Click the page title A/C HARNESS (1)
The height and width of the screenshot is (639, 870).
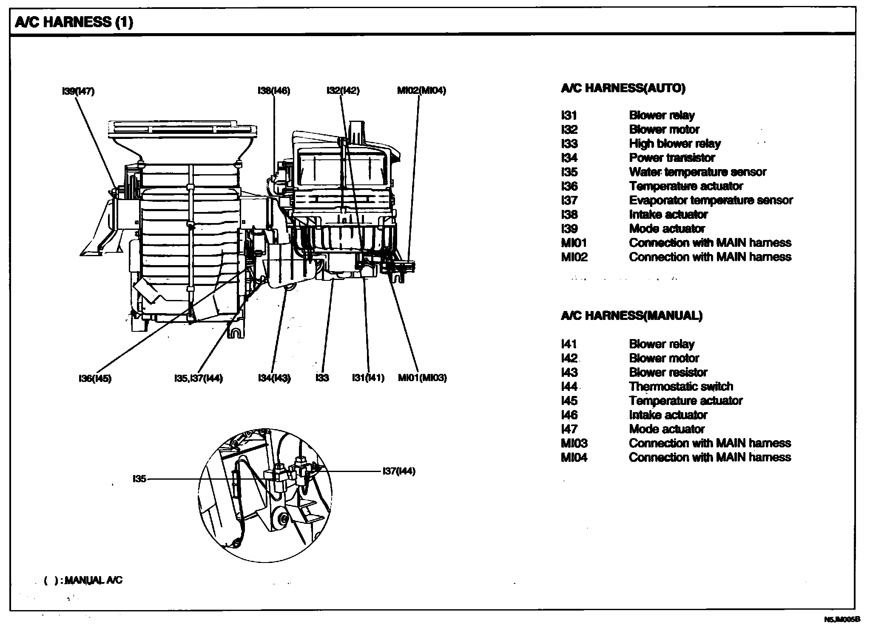(74, 22)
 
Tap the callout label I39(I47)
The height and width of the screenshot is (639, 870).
(78, 91)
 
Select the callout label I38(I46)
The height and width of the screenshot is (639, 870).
(274, 90)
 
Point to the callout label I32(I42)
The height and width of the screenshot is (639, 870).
(343, 90)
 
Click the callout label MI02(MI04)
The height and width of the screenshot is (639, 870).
(421, 90)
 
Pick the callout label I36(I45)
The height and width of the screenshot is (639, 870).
(95, 378)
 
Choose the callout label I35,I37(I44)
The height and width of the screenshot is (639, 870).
(199, 378)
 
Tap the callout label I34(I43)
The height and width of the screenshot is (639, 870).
(274, 378)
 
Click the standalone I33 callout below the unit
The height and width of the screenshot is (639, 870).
(322, 378)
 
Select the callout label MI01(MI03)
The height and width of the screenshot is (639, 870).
(422, 378)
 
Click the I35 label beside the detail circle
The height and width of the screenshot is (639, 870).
(139, 479)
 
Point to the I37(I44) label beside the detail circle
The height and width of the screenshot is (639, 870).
(399, 471)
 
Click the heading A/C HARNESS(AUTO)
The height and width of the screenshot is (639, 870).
(623, 88)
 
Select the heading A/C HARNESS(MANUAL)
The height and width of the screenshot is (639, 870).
(632, 316)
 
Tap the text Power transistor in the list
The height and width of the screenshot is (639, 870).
(672, 158)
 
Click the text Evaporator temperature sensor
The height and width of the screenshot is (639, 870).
(711, 200)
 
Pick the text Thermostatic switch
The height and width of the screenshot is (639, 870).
(681, 387)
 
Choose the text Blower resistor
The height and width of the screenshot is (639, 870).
(668, 373)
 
